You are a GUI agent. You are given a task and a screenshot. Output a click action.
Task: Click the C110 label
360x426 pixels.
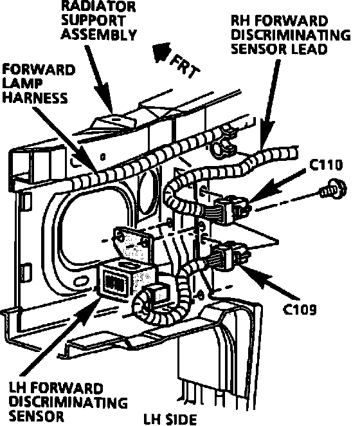click(x=326, y=165)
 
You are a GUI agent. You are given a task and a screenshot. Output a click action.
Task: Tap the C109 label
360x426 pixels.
click(x=300, y=309)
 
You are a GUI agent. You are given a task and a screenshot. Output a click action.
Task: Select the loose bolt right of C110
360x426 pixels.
click(x=333, y=189)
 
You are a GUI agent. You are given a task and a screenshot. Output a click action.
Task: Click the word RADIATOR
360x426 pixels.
click(x=98, y=6)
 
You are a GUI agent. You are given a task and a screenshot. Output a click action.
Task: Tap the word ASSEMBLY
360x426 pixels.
click(x=99, y=35)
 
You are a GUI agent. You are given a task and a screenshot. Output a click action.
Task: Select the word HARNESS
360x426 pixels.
click(x=35, y=98)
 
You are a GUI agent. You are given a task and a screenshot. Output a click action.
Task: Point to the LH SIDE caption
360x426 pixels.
click(x=170, y=419)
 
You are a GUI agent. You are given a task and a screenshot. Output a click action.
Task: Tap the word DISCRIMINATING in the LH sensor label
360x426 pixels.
click(x=68, y=402)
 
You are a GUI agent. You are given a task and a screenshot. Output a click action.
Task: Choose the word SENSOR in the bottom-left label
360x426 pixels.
click(x=37, y=416)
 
